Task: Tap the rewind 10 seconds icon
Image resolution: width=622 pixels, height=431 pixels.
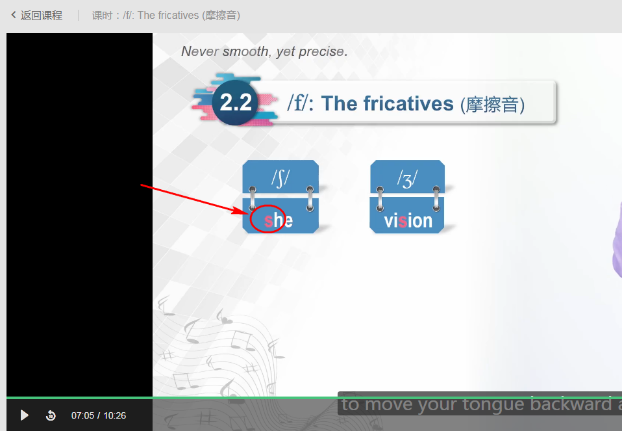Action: coord(51,415)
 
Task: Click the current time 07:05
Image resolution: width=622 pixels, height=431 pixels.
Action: coord(82,415)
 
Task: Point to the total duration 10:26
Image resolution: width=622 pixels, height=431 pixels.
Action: coord(115,415)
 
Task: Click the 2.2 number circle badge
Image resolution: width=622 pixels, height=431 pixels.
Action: coord(236,103)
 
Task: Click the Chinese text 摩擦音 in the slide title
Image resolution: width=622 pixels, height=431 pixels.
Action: coord(492,105)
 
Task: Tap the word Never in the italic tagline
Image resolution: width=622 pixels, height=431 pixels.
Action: coord(200,51)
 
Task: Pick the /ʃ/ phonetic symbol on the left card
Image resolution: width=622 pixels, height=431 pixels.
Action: coord(280,178)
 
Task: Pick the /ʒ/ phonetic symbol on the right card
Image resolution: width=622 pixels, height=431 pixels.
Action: coord(407,178)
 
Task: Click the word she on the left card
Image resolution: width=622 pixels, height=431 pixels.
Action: coord(279,220)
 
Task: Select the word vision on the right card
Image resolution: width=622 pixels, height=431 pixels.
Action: coord(408,220)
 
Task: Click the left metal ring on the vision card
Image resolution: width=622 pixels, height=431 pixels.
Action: coord(380,199)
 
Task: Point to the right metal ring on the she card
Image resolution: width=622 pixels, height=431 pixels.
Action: coord(310,198)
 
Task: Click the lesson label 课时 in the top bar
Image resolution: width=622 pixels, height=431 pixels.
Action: coord(103,16)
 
